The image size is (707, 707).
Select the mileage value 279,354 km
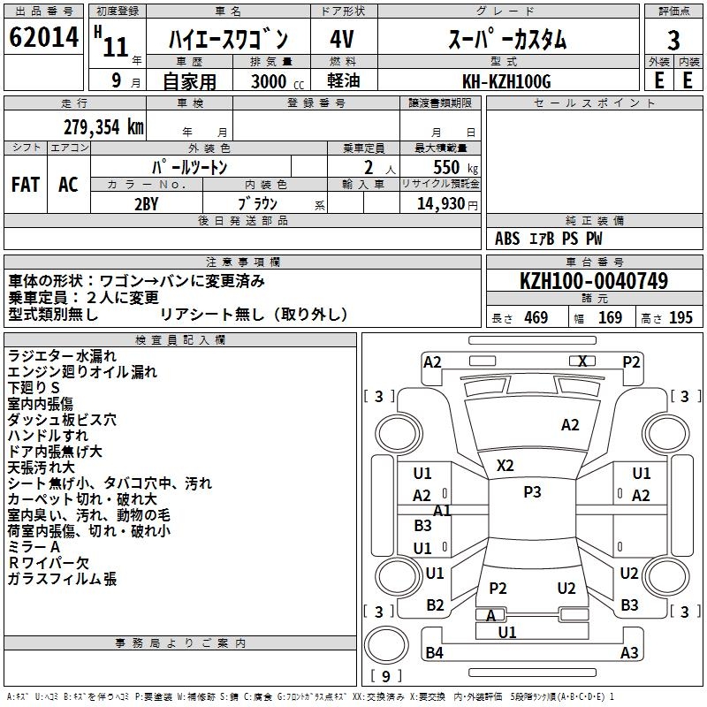(103, 126)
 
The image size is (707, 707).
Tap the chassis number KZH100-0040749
(594, 281)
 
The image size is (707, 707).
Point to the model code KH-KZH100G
(506, 81)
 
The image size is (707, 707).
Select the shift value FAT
(25, 184)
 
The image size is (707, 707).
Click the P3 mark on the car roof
(532, 492)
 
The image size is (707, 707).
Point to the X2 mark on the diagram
(506, 465)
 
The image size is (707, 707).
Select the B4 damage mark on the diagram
(434, 653)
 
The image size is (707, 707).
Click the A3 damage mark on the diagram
(629, 653)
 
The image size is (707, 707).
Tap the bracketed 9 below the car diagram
(385, 676)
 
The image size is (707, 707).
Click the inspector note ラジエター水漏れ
(61, 356)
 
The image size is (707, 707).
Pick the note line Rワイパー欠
(49, 563)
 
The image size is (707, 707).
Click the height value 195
(680, 318)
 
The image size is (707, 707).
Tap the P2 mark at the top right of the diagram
(631, 361)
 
